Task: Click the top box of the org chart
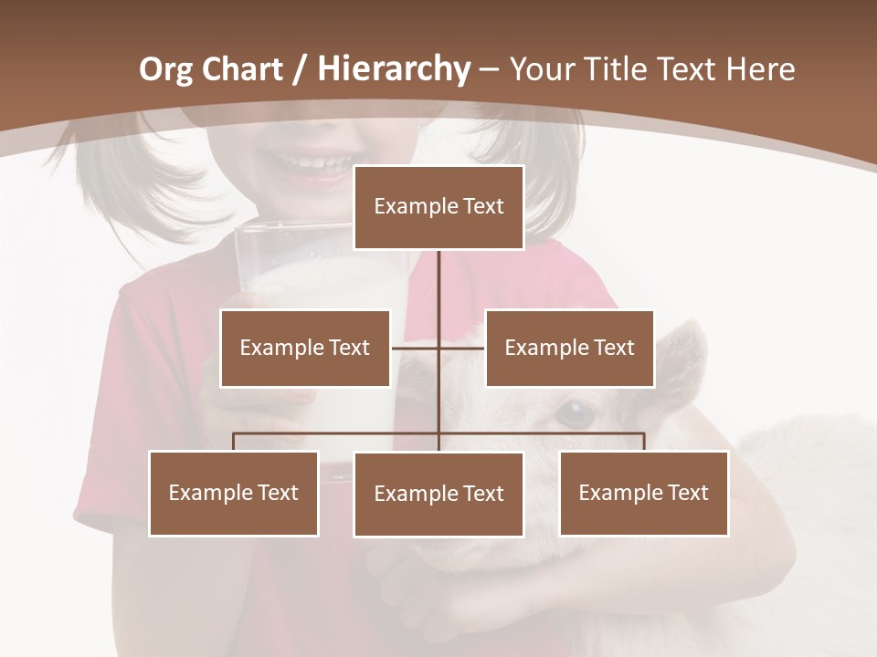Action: tap(438, 207)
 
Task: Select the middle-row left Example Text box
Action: tap(304, 348)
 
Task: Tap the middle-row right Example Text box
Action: tap(569, 348)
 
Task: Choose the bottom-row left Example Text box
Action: tap(233, 493)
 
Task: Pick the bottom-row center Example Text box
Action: tap(438, 494)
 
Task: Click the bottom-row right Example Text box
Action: tap(643, 493)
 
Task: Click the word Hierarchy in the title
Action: tap(393, 68)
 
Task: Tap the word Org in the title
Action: tap(165, 68)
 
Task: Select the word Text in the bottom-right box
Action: tap(688, 493)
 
